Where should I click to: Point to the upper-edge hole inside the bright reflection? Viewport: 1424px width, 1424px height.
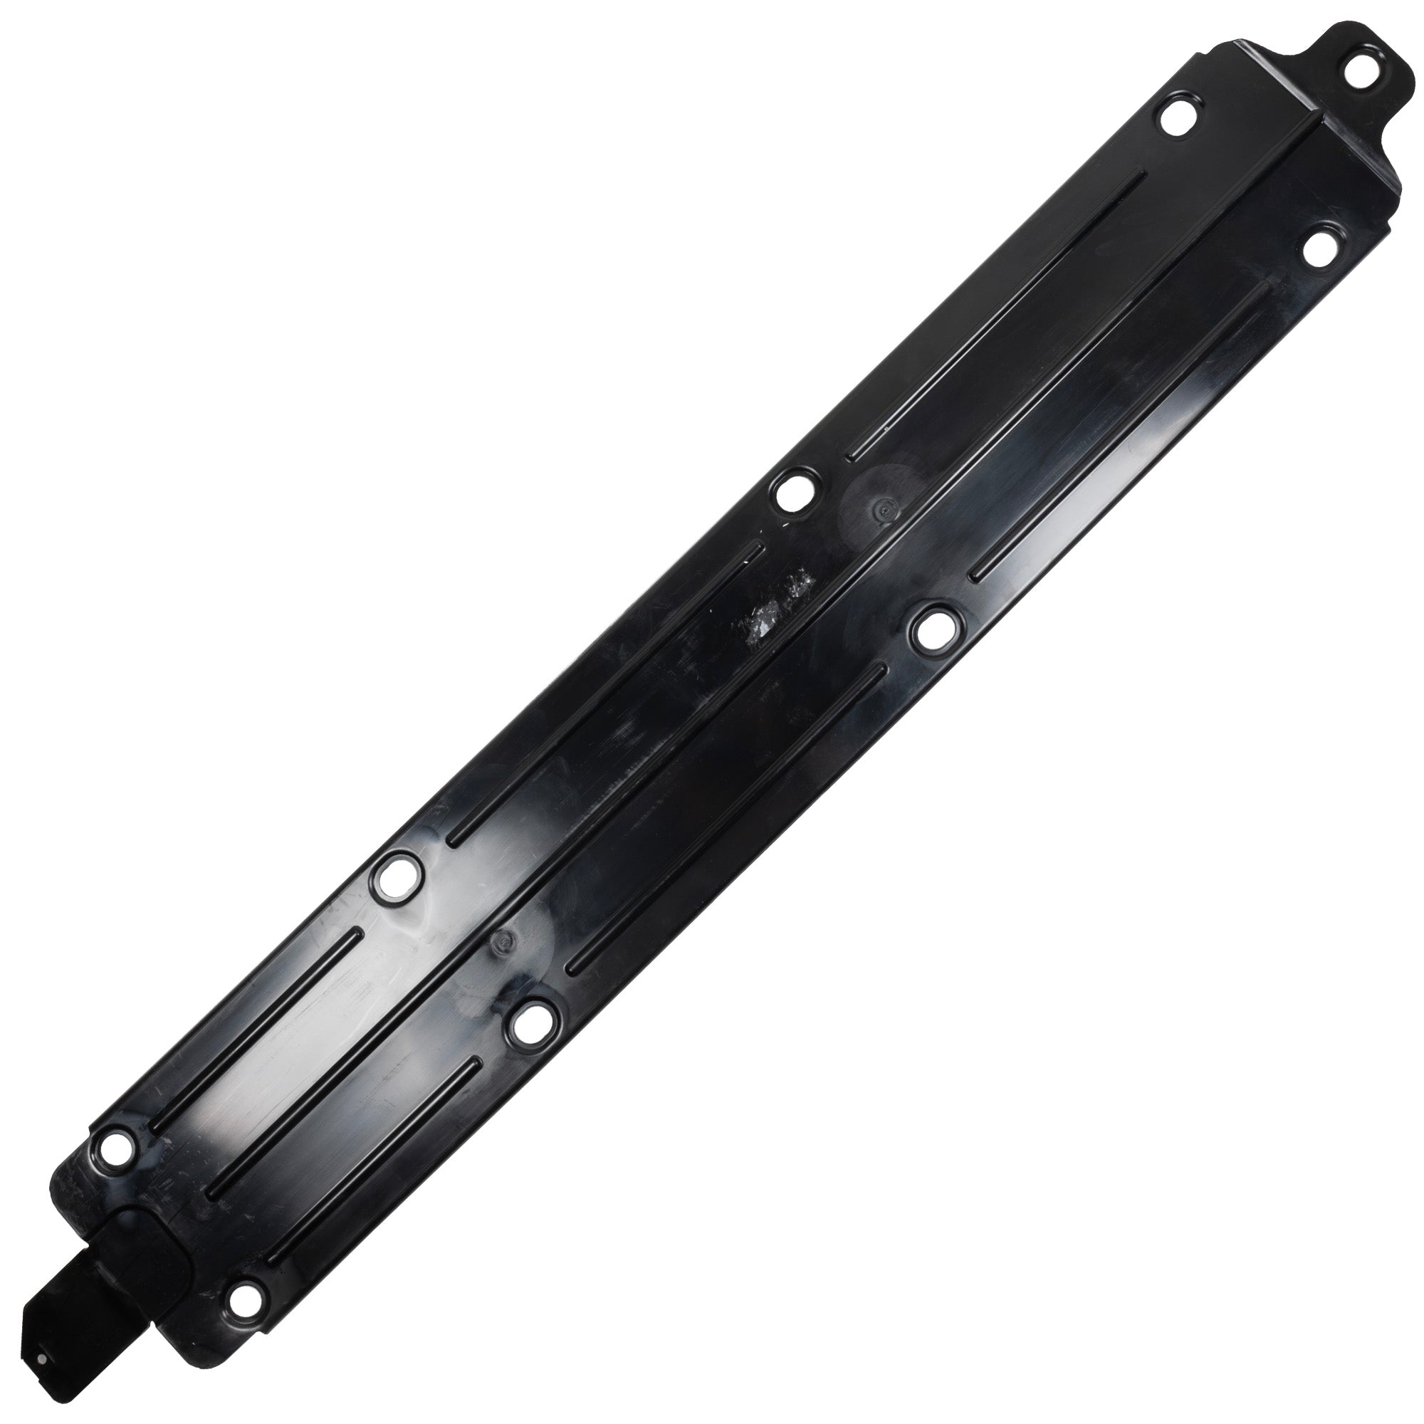coord(397,876)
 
